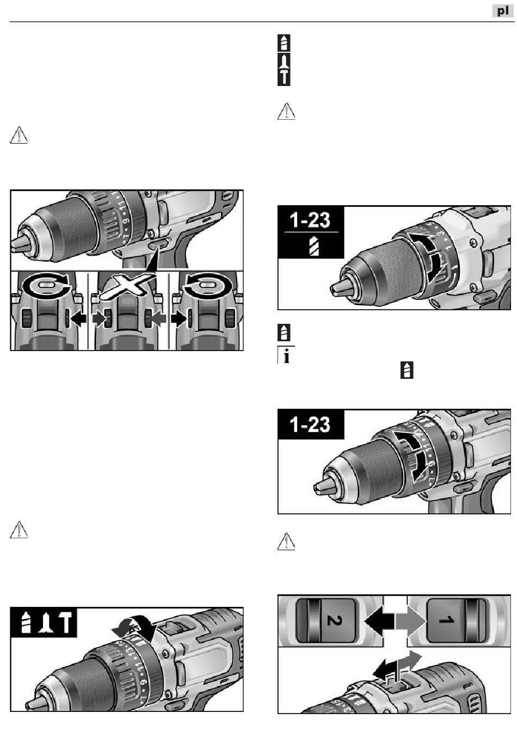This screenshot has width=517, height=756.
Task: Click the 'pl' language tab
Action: coord(502,10)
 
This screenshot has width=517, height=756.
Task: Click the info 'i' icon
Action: coord(284,355)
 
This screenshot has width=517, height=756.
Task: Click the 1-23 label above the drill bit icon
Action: coord(310,220)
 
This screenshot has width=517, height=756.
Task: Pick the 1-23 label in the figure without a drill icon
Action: coord(310,423)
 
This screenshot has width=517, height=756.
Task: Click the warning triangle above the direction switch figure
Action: coord(19,135)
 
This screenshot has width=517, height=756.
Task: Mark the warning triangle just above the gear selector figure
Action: coord(286,542)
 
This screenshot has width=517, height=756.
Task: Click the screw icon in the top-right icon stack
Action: coord(284,61)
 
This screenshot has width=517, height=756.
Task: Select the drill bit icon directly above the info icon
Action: coord(284,332)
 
